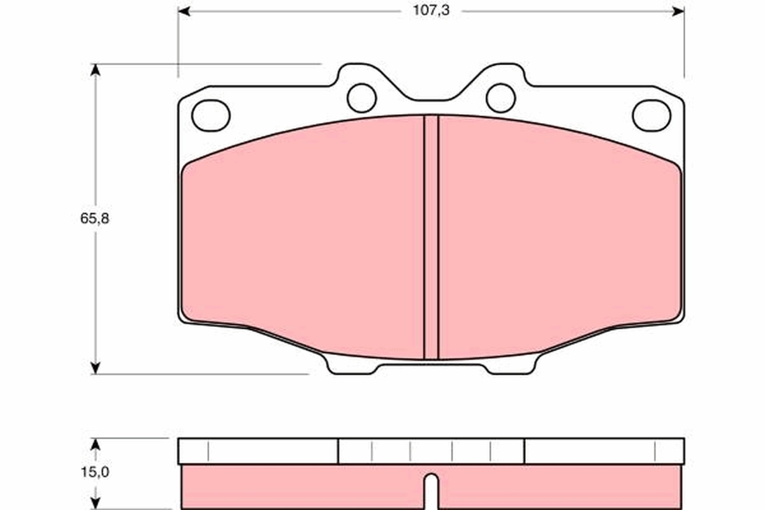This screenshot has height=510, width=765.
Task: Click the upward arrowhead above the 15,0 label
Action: (x=95, y=444)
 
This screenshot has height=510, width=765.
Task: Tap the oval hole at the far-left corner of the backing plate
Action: (x=210, y=115)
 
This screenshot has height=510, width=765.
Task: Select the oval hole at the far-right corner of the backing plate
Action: (x=652, y=115)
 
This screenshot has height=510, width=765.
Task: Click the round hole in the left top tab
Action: (x=361, y=98)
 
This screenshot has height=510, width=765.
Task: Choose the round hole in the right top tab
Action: (x=500, y=98)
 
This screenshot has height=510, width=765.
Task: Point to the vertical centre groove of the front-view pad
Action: (x=432, y=236)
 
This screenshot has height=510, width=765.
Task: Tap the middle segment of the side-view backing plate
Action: (x=431, y=451)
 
